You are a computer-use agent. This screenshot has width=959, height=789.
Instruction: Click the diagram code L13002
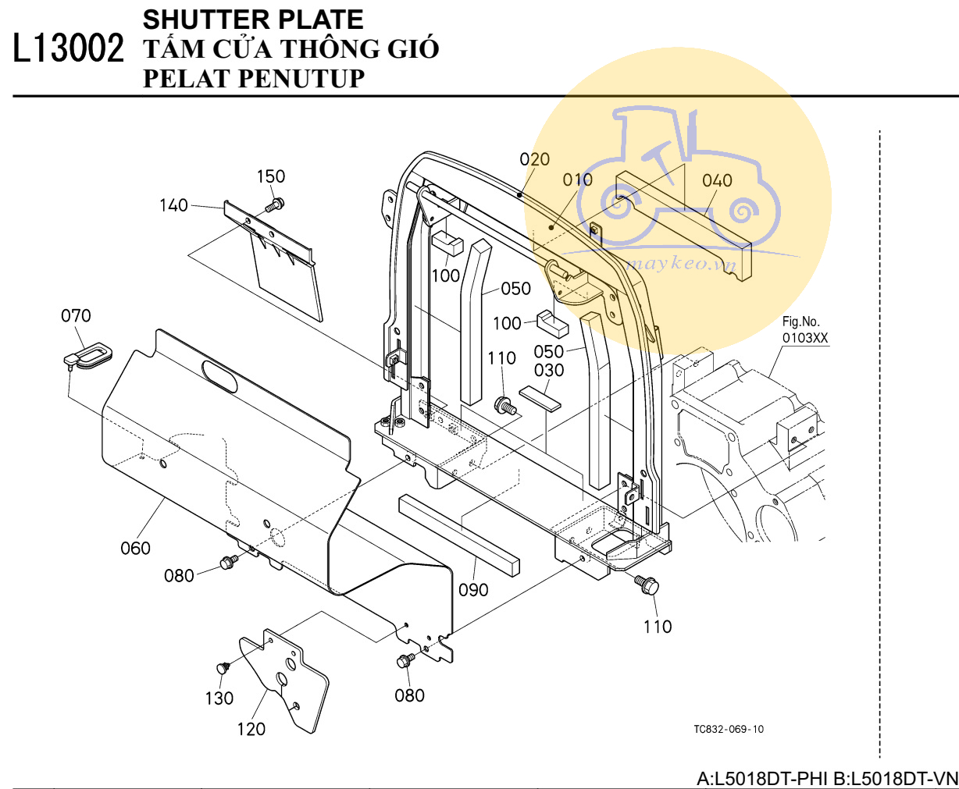(69, 48)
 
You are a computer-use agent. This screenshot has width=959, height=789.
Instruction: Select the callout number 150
(271, 176)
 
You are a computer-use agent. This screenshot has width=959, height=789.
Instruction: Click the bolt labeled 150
(273, 205)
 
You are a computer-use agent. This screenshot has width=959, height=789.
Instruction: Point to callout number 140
(173, 205)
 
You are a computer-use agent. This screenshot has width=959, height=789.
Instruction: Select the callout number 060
(135, 549)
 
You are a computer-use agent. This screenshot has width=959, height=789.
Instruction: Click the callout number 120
(251, 729)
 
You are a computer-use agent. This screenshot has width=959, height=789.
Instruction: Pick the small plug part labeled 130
(222, 668)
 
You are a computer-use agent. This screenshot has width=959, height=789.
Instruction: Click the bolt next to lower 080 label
(405, 662)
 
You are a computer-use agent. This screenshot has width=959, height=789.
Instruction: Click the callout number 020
(535, 159)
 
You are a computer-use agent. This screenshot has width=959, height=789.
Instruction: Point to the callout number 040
(717, 181)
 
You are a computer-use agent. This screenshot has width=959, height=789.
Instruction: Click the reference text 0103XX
(805, 339)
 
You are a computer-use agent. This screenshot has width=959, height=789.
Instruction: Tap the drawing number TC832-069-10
(729, 729)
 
